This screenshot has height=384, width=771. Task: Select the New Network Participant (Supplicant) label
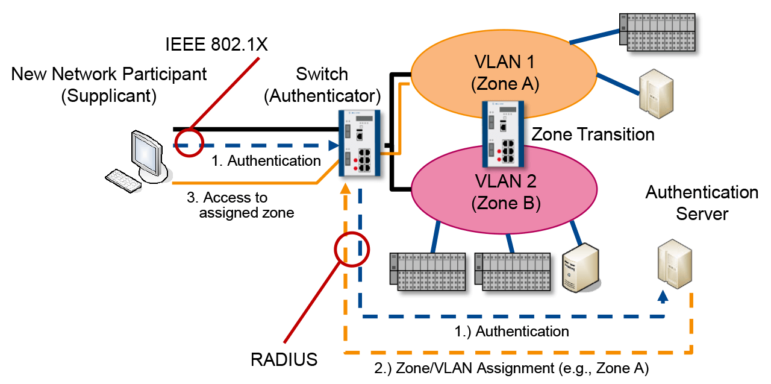[108, 85]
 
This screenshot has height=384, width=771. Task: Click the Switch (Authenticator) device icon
[360, 143]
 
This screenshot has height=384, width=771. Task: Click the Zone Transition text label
[593, 134]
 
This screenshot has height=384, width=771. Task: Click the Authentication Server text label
[702, 203]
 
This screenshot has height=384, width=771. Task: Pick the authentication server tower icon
[673, 263]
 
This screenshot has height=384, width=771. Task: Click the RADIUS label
[284, 360]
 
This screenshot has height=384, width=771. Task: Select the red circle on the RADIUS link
[351, 248]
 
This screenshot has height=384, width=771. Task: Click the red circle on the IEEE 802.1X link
[190, 143]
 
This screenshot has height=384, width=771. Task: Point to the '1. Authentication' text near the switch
[266, 161]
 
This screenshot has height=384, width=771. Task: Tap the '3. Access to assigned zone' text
[246, 205]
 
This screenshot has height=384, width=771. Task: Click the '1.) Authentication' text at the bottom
[511, 331]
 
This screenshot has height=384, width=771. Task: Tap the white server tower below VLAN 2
[581, 268]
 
